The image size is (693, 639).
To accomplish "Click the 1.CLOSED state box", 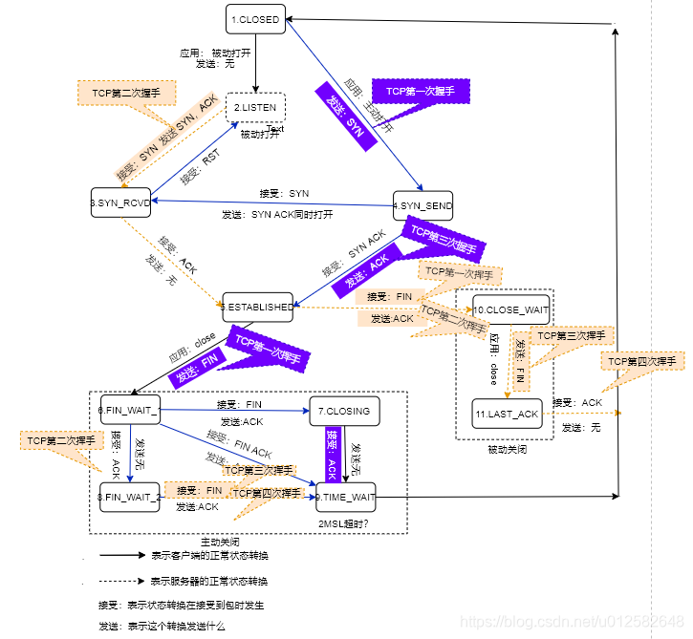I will click(x=256, y=19).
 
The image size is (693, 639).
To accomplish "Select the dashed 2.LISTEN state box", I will click(x=255, y=108).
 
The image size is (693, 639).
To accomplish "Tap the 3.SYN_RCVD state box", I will click(x=122, y=203).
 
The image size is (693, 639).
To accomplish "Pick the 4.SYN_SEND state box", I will click(x=422, y=206).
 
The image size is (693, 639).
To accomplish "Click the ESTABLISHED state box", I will click(x=258, y=307).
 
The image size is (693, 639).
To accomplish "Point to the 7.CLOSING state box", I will click(x=344, y=411).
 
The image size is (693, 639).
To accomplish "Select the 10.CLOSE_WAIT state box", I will click(x=510, y=310).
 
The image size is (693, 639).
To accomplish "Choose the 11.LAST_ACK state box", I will click(x=508, y=414).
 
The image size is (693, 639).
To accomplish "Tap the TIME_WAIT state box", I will click(x=345, y=497).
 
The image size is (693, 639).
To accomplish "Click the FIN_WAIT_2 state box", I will click(x=129, y=497).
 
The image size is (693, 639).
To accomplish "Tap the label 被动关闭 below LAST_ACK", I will click(x=505, y=449).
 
